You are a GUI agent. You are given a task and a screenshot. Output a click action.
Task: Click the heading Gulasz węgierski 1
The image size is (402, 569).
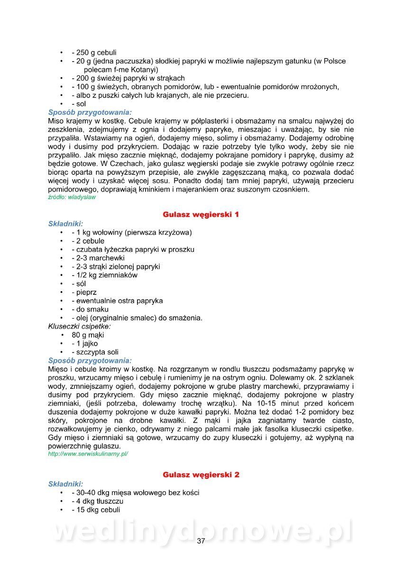tap(201, 214)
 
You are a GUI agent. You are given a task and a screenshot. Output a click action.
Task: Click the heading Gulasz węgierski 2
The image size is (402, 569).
tap(201, 474)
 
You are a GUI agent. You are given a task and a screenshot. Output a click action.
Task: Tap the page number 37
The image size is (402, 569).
tap(201, 541)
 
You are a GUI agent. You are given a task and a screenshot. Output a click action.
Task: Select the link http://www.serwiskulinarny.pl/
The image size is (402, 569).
tap(88, 454)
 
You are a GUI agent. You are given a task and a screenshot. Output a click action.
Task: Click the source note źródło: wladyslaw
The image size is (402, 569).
tap(72, 197)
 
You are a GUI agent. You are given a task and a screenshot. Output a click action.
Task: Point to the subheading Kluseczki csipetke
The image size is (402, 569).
tap(79, 326)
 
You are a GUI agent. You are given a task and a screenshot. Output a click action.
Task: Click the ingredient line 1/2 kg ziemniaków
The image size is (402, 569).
tap(104, 275)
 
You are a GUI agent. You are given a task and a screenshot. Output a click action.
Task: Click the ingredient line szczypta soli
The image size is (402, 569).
tap(95, 352)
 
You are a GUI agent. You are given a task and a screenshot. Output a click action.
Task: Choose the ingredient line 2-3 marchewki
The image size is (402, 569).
tap(98, 258)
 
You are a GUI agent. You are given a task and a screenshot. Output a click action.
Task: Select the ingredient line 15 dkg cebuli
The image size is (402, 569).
tap(96, 510)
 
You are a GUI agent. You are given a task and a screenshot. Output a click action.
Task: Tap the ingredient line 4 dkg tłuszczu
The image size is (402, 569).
tap(97, 501)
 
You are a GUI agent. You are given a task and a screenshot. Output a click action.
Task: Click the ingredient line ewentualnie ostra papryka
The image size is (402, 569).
tap(117, 301)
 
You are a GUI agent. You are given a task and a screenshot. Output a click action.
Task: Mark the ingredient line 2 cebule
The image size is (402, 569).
tap(88, 241)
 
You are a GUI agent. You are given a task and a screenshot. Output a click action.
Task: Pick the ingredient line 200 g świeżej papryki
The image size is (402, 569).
tap(128, 78)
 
